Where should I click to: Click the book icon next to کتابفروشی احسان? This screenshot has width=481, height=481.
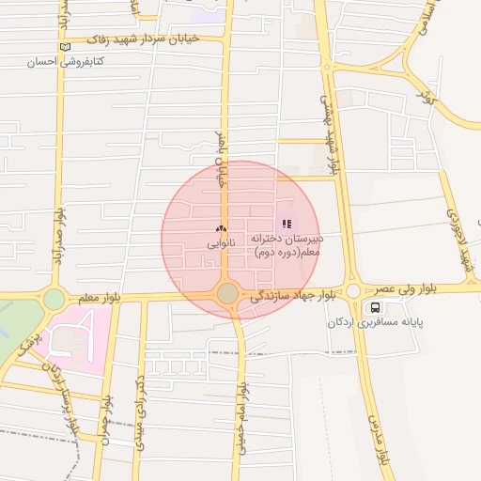tap(64, 47)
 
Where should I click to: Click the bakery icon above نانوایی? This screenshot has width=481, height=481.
tap(221, 228)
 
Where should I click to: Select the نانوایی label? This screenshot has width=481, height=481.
tap(222, 242)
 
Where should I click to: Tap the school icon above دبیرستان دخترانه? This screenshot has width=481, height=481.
tap(287, 224)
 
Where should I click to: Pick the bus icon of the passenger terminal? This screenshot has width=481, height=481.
tap(376, 307)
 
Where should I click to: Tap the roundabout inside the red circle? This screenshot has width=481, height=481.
tap(227, 294)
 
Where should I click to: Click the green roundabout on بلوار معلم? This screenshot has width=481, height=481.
tap(54, 299)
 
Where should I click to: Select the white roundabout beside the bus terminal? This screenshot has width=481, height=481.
tap(353, 291)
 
